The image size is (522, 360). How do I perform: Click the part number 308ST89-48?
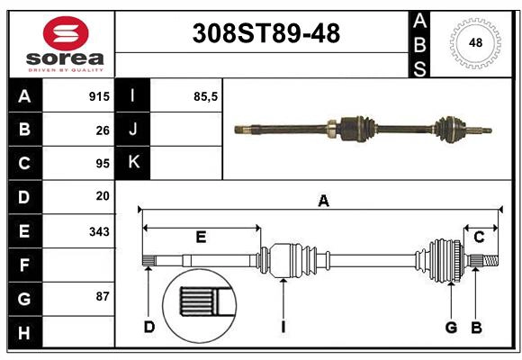[266, 34]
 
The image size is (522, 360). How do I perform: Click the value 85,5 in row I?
[206, 96]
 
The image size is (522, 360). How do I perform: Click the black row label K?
[133, 163]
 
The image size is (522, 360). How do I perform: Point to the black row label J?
[133, 130]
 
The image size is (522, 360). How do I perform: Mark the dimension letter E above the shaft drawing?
[201, 238]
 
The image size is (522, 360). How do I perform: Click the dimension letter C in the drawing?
[479, 238]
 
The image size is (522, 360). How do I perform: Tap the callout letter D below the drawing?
[149, 327]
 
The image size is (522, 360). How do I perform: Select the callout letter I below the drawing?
[283, 327]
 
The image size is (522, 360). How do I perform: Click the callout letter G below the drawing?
[451, 327]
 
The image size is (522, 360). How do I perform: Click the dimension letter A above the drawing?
[323, 202]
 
